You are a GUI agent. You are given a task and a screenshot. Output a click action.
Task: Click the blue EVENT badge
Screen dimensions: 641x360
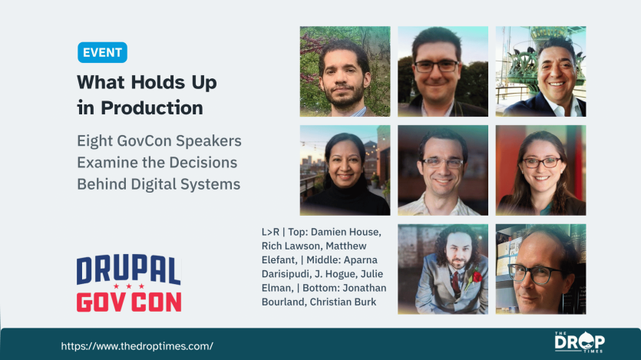point(102,52)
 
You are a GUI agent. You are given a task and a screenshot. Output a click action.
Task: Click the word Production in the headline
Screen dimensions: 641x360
point(152,108)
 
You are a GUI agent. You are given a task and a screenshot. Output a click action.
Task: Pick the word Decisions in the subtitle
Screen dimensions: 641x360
point(203,163)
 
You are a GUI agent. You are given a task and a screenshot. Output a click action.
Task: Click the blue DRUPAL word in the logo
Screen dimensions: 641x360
point(128,269)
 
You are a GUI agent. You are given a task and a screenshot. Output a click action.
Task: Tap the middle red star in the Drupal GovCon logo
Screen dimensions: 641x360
point(129,286)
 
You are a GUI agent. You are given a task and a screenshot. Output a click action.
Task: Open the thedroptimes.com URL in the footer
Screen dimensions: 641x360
point(137,346)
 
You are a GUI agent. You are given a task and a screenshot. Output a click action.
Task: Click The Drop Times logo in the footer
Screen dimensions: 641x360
point(580,342)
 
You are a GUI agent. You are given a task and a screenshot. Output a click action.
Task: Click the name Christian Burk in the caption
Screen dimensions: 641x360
point(342,302)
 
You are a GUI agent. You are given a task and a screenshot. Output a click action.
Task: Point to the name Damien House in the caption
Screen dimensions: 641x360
point(345,232)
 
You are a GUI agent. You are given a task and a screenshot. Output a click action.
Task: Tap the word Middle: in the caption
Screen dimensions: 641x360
point(323,260)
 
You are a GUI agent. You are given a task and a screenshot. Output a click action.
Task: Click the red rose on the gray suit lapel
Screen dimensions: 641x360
point(476,276)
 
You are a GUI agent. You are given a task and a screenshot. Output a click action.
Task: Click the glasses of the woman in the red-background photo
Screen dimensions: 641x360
point(542,163)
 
